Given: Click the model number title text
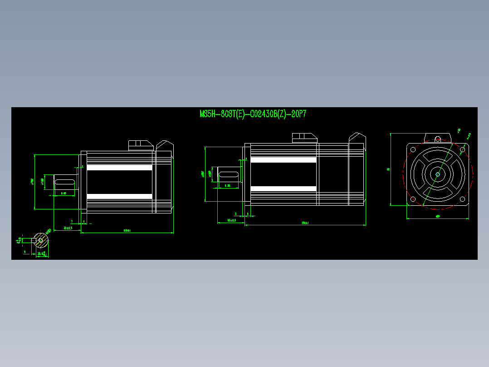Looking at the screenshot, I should click(253, 114).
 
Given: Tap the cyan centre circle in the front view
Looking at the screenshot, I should click(438, 174).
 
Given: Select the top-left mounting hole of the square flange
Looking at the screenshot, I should click(413, 149).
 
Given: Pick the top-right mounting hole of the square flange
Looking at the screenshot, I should click(462, 149).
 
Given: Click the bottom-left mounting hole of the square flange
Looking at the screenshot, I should click(413, 198).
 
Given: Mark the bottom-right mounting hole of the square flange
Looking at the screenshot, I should click(462, 198).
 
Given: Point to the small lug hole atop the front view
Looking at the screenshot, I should click(438, 139).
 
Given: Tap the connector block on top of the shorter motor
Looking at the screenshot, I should click(141, 145).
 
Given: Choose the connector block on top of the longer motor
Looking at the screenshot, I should click(304, 137).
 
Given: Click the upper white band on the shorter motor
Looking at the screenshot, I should click(119, 168).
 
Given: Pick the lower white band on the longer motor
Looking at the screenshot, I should click(283, 188).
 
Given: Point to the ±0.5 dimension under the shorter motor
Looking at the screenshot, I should click(68, 228).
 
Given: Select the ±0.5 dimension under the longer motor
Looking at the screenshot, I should click(231, 220).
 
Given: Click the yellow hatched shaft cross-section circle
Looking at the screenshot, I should click(41, 239).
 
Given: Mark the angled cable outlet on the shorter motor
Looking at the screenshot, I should click(164, 145).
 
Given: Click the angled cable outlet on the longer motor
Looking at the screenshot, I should click(357, 138).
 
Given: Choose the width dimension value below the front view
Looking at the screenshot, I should click(437, 216).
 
